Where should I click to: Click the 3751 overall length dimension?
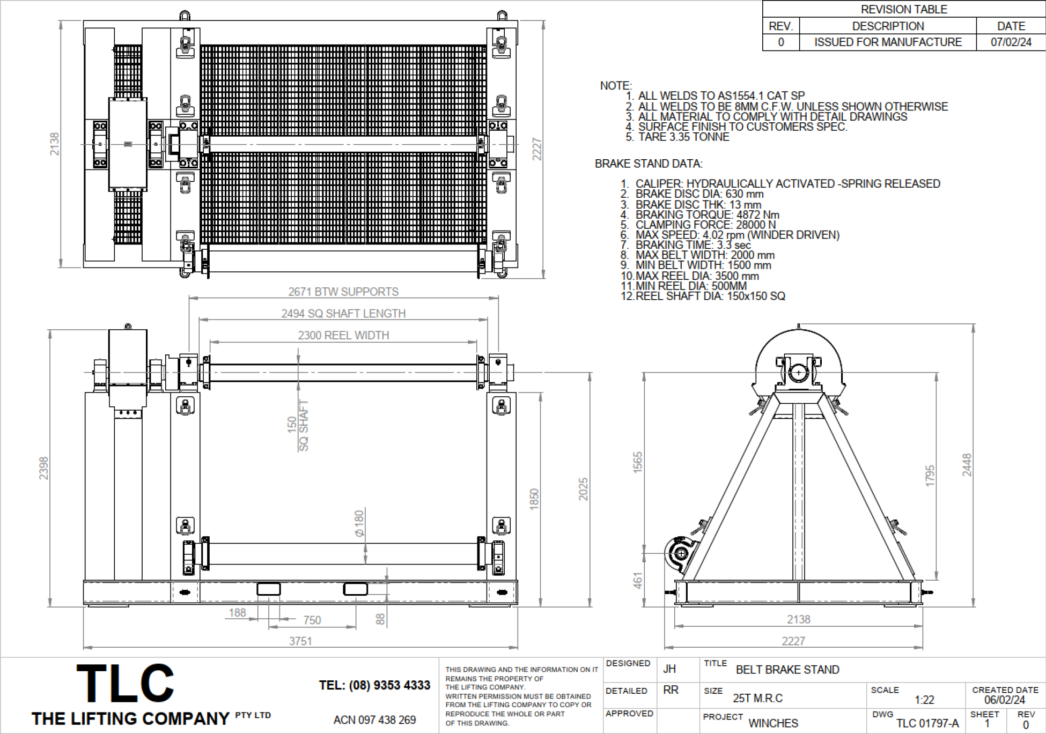pos(300,641)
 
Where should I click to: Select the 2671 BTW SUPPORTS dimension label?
pos(343,292)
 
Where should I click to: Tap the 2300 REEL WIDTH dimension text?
pos(343,335)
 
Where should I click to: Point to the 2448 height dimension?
pos(967,465)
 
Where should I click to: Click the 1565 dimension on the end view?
pos(637,462)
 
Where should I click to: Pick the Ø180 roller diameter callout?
pos(359,523)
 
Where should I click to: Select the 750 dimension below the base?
pos(312,620)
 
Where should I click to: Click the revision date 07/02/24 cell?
pos(1011,42)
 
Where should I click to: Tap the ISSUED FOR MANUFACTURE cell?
pos(888,42)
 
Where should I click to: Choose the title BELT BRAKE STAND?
pos(787,670)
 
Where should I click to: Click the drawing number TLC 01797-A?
pos(927,723)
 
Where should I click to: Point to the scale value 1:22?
pos(925,700)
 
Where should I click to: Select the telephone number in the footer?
pos(374,685)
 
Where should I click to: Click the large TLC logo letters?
pos(126,683)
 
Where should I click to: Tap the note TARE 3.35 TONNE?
pos(683,137)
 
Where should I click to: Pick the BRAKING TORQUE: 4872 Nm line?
pos(707,214)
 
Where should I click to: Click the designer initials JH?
pos(669,669)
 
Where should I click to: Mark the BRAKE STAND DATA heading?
pos(649,164)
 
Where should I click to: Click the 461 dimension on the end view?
pos(637,580)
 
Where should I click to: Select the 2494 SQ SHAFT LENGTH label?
pos(343,313)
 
